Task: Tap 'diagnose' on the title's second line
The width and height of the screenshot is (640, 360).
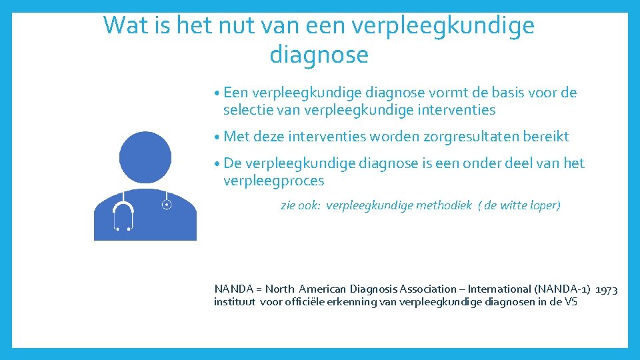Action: [x=319, y=55]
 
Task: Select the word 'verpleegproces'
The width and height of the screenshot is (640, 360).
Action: [x=273, y=181]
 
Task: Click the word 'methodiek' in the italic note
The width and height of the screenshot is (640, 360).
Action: [x=443, y=205]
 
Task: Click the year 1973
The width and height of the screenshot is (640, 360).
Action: [x=606, y=289]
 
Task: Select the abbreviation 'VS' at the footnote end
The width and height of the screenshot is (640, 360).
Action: [x=571, y=302]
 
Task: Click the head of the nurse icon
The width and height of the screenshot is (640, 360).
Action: [x=145, y=157]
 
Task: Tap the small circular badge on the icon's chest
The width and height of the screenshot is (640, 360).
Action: [x=167, y=205]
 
